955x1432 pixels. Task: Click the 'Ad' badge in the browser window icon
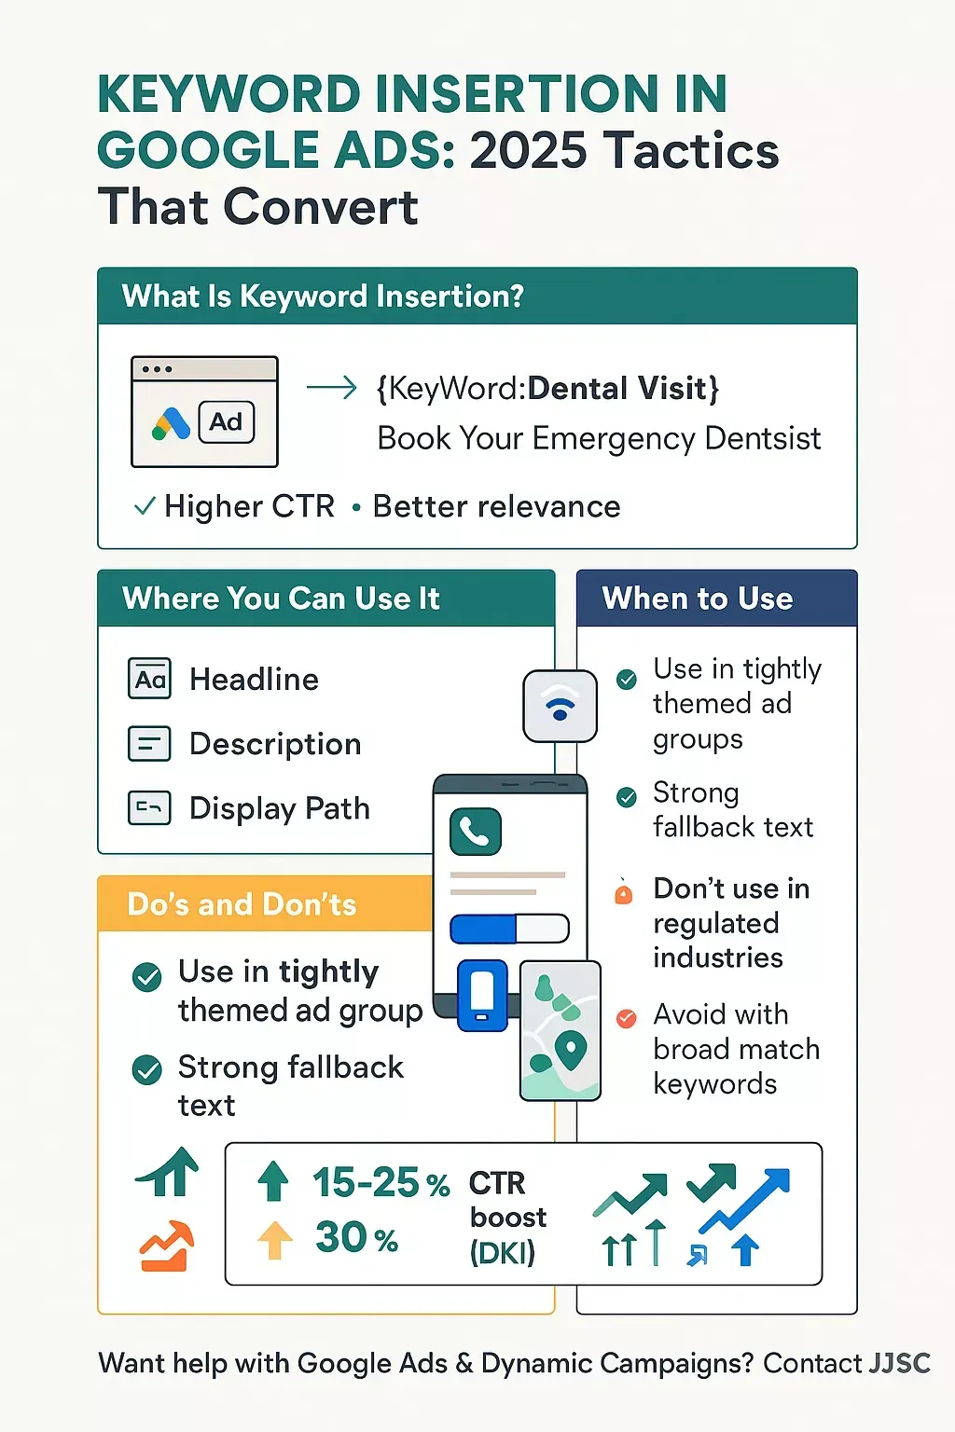coord(227,422)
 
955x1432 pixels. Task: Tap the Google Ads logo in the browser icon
coord(171,423)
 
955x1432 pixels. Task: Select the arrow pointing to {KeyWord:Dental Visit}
coord(331,388)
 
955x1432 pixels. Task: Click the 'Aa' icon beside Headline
coord(149,679)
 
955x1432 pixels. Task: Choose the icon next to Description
coord(149,743)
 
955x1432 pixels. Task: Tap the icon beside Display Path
coord(149,808)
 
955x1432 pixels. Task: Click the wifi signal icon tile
coord(560,707)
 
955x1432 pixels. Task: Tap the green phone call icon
coord(476,831)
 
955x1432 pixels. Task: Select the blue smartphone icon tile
coord(482,996)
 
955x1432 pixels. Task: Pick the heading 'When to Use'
coord(698,599)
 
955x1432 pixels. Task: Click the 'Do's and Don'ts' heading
coord(242,904)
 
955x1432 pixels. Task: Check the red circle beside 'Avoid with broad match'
coord(626,1018)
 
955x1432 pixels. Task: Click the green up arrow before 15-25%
coord(273,1181)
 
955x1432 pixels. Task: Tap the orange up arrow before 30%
coord(275,1240)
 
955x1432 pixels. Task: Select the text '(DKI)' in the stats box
coord(503,1253)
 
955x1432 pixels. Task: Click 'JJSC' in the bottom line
coord(899,1363)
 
